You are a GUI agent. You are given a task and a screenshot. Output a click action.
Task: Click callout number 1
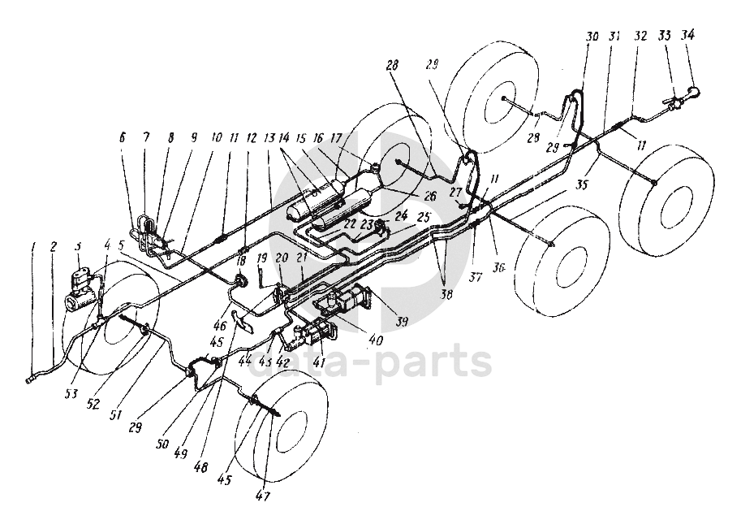[x=33, y=247]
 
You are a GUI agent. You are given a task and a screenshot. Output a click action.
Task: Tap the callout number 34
[x=688, y=36]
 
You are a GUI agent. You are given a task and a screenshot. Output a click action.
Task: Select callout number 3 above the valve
[x=78, y=246]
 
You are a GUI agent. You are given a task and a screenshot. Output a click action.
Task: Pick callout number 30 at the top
[x=591, y=38]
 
